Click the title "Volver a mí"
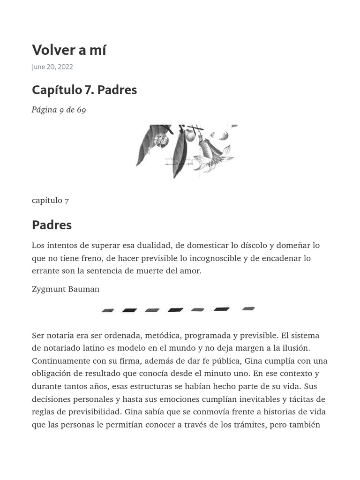point(69,50)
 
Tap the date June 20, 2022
point(52,67)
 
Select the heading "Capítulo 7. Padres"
point(84,90)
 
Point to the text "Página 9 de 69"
point(59,110)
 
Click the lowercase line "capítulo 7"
point(50,200)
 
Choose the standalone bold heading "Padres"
point(52,225)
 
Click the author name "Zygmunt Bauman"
point(66,289)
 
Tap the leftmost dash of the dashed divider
point(108,310)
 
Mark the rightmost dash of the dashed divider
point(248,308)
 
